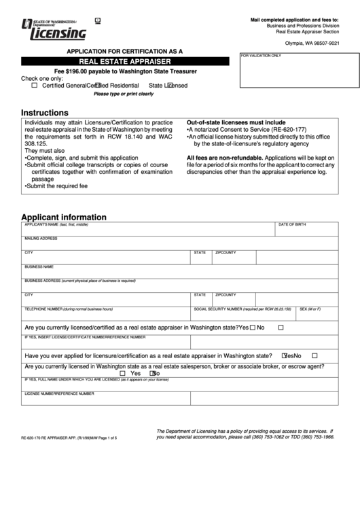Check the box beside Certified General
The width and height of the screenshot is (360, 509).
tap(35, 86)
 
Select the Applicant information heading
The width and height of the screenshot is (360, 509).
tap(64, 217)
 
